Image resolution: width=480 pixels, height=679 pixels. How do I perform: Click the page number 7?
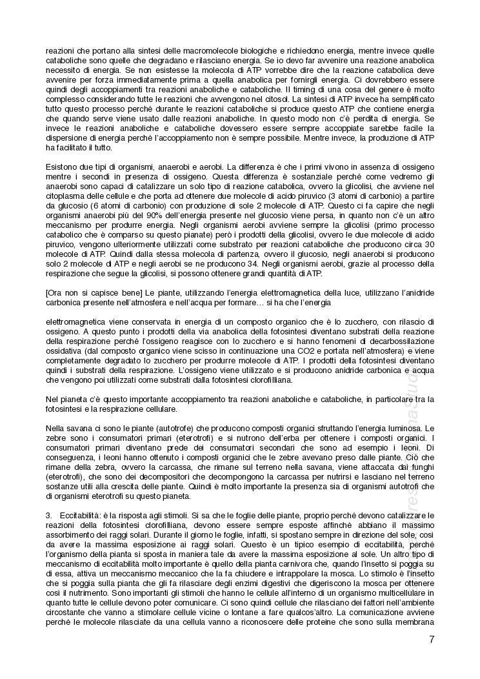[431, 640]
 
